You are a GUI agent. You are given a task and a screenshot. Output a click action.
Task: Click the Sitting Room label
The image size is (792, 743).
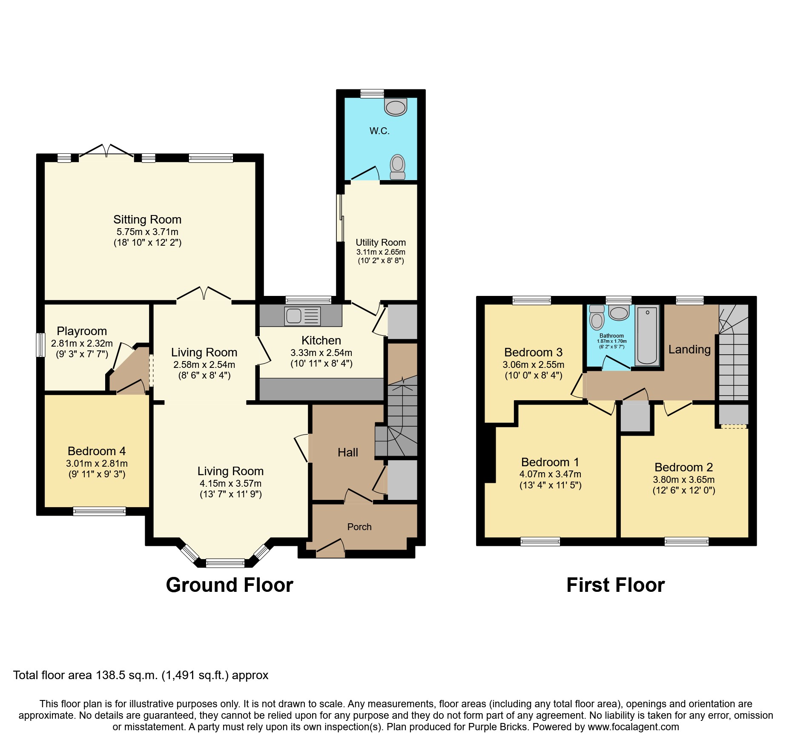coord(147,220)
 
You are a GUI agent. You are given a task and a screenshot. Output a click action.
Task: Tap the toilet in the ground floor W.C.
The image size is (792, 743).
coord(398,167)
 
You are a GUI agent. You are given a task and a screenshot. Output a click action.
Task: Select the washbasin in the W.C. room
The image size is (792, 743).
coord(396,107)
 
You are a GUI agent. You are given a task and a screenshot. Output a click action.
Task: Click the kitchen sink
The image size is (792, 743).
coord(302,316)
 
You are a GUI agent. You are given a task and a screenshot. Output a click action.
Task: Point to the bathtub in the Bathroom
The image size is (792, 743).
coord(647,336)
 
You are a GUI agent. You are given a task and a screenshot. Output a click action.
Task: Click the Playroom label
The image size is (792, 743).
coord(82,331)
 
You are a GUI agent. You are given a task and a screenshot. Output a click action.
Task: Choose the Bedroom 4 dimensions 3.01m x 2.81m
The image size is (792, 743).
coord(97,463)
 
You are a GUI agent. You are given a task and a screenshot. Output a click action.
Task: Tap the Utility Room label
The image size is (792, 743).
coord(381,242)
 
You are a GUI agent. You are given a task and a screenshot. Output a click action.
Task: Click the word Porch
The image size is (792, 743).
coord(359,527)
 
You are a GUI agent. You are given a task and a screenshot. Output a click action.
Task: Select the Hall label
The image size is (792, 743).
coord(348,453)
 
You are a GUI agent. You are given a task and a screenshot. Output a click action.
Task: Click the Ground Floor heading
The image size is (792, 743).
coord(230,585)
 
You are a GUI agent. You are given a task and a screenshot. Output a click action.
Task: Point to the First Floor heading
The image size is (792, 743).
coord(615,585)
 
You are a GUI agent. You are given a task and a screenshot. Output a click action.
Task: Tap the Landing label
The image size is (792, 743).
coord(689,350)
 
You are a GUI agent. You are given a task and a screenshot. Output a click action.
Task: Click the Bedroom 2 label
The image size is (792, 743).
coord(684,467)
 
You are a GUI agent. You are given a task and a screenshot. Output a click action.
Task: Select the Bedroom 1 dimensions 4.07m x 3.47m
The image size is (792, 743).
coord(550,474)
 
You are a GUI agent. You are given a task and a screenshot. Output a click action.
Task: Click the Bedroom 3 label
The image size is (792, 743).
coord(534,353)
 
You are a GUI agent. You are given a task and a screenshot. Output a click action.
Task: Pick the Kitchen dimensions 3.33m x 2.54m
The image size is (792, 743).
coord(321,353)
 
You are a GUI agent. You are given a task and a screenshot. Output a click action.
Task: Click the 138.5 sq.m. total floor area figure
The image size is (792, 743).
coord(127,675)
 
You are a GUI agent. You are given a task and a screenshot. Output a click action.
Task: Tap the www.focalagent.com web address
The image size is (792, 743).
coord(634,727)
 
